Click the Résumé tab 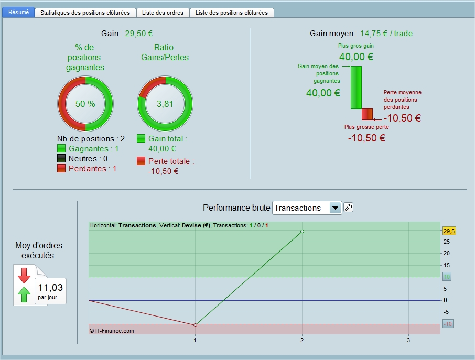click(18, 12)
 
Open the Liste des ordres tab click(163, 13)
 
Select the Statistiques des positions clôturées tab click(85, 13)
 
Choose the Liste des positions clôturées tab click(232, 13)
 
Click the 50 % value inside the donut click(85, 104)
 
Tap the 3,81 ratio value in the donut click(165, 104)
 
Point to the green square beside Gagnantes click(61, 149)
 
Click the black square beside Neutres click(61, 159)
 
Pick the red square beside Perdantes click(61, 168)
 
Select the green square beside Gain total click(141, 139)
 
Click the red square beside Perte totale click(141, 161)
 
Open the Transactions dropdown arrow click(335, 208)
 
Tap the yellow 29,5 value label click(449, 231)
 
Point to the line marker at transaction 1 click(196, 325)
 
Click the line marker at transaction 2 click(303, 231)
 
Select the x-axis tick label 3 click(408, 340)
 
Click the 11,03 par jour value click(50, 291)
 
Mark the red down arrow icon click(24, 275)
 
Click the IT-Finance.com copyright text click(112, 331)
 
